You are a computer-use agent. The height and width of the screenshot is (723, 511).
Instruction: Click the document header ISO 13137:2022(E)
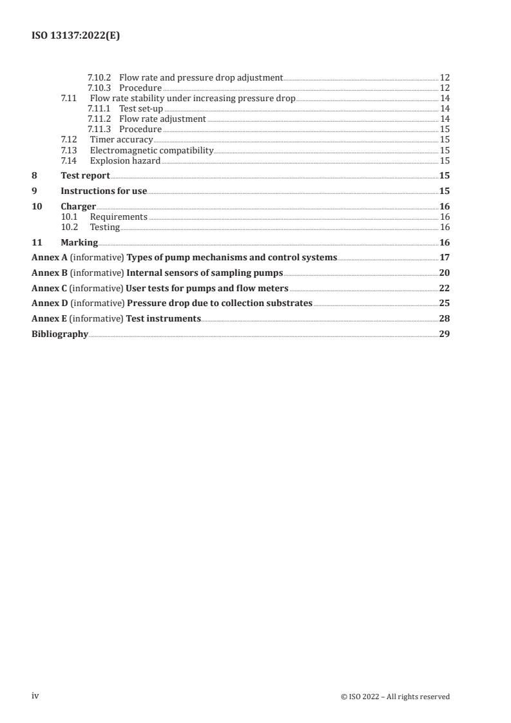75,36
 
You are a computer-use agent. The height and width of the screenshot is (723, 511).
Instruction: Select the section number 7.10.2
99,77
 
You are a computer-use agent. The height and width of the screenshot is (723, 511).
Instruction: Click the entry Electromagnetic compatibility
151,150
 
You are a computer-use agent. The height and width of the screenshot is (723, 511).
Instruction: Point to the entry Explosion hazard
125,160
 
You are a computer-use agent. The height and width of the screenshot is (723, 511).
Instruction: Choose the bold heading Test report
85,175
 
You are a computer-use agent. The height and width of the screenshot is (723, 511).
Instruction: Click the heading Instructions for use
104,191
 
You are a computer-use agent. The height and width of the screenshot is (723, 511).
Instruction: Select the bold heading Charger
78,206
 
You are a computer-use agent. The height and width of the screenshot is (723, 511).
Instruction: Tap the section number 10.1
68,217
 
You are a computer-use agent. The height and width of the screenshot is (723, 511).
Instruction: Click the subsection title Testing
104,227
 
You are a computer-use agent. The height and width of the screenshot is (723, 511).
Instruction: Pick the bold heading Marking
79,242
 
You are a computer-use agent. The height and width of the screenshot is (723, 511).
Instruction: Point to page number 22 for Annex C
444,288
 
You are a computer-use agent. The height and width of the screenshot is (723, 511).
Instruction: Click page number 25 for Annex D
444,303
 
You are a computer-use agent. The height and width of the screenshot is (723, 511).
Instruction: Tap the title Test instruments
164,318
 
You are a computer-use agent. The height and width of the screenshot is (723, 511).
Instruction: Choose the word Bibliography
59,334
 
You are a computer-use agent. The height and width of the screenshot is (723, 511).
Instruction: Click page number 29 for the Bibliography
444,334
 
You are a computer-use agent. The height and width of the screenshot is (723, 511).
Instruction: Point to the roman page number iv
35,696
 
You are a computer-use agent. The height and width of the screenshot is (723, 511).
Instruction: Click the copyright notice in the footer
395,697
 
